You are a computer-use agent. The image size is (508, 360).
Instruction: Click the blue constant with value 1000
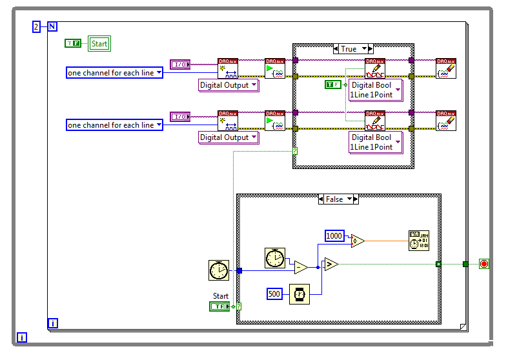coord(334,236)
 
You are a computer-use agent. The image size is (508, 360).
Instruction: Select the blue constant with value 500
coord(275,294)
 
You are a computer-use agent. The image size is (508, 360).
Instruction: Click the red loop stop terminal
coord(484,264)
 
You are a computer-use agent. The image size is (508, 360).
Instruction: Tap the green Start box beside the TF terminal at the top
coord(99,44)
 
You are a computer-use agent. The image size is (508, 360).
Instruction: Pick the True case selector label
coord(349,49)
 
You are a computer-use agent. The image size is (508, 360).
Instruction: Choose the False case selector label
coord(334,199)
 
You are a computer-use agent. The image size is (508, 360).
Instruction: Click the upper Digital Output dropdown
coord(229,85)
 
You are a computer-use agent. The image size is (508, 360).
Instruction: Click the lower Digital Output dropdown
coord(229,137)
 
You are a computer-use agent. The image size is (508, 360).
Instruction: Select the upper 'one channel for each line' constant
coord(114,73)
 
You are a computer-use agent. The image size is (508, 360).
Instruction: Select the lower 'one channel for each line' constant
coord(114,125)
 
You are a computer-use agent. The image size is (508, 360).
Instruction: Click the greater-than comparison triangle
coord(330,264)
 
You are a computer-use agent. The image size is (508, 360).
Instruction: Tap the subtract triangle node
coord(300,267)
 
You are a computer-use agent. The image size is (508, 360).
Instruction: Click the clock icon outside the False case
coord(219,270)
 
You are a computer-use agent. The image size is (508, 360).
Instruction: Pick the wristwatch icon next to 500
coord(299,294)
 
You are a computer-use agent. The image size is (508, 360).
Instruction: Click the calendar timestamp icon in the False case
coord(418,241)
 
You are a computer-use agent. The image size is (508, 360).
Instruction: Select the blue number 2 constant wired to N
coord(36,26)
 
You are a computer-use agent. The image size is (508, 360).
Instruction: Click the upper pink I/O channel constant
coord(179,64)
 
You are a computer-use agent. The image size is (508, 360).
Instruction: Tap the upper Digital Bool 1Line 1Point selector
coord(375,90)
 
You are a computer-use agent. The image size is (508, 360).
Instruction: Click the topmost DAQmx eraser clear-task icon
coord(445,68)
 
